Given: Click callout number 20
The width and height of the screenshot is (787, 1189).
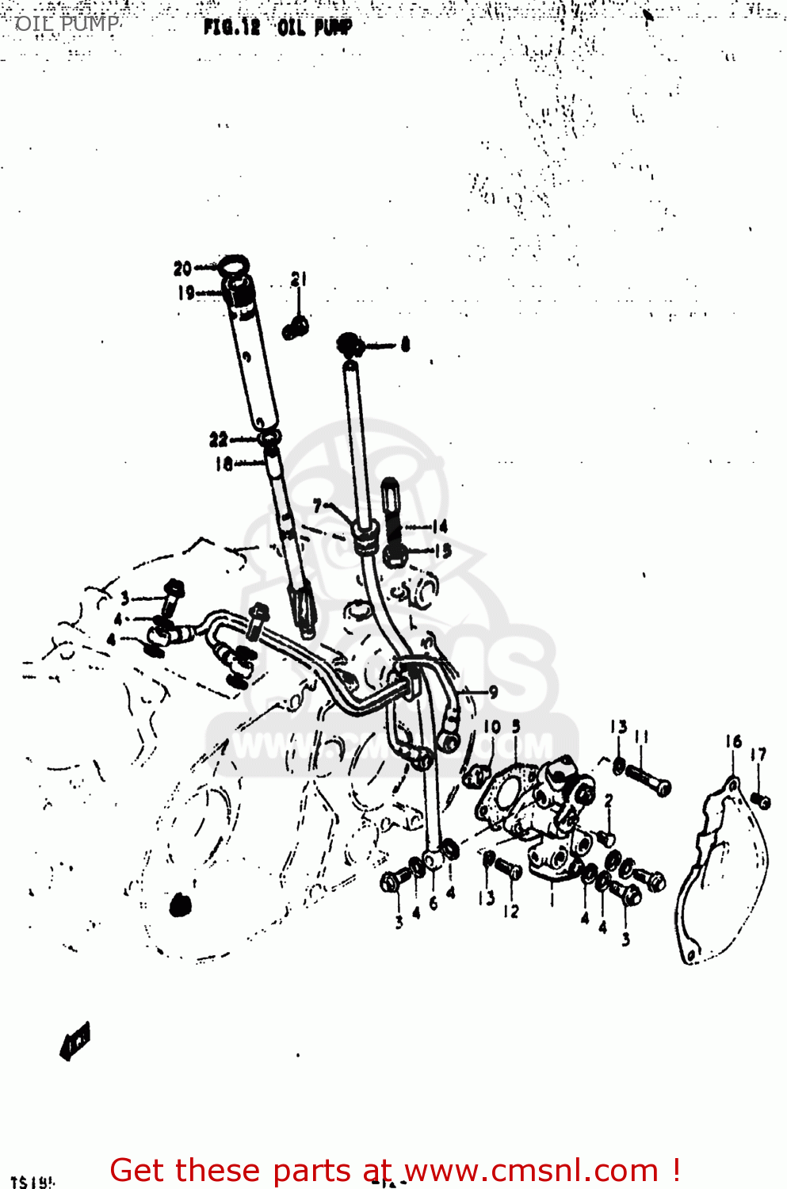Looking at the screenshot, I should tap(182, 269).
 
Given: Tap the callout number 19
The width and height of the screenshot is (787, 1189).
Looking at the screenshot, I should tap(185, 292).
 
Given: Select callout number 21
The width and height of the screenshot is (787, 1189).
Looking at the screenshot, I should tap(298, 279).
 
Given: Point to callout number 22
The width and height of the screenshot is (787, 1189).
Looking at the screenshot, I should tap(218, 439).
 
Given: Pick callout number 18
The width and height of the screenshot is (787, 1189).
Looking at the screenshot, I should tap(223, 464).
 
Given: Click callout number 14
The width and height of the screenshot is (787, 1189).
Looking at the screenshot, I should tap(440, 526).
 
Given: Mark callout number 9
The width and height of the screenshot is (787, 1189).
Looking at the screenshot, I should tap(493, 692).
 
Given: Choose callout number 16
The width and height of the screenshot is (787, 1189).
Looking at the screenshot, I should tap(733, 741).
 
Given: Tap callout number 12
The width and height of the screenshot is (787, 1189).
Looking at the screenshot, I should tap(511, 912).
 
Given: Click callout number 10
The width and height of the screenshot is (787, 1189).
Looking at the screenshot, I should tap(492, 726).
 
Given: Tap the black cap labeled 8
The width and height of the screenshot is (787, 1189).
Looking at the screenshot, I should tap(349, 343).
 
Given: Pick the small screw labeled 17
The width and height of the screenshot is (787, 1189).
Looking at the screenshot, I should tap(761, 800).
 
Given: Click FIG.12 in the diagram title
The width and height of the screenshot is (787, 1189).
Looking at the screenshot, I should tap(231, 27).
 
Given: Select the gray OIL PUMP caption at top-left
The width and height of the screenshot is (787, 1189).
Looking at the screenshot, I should tap(67, 24).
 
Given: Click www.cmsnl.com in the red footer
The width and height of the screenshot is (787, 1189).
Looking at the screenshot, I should tap(532, 1171).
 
